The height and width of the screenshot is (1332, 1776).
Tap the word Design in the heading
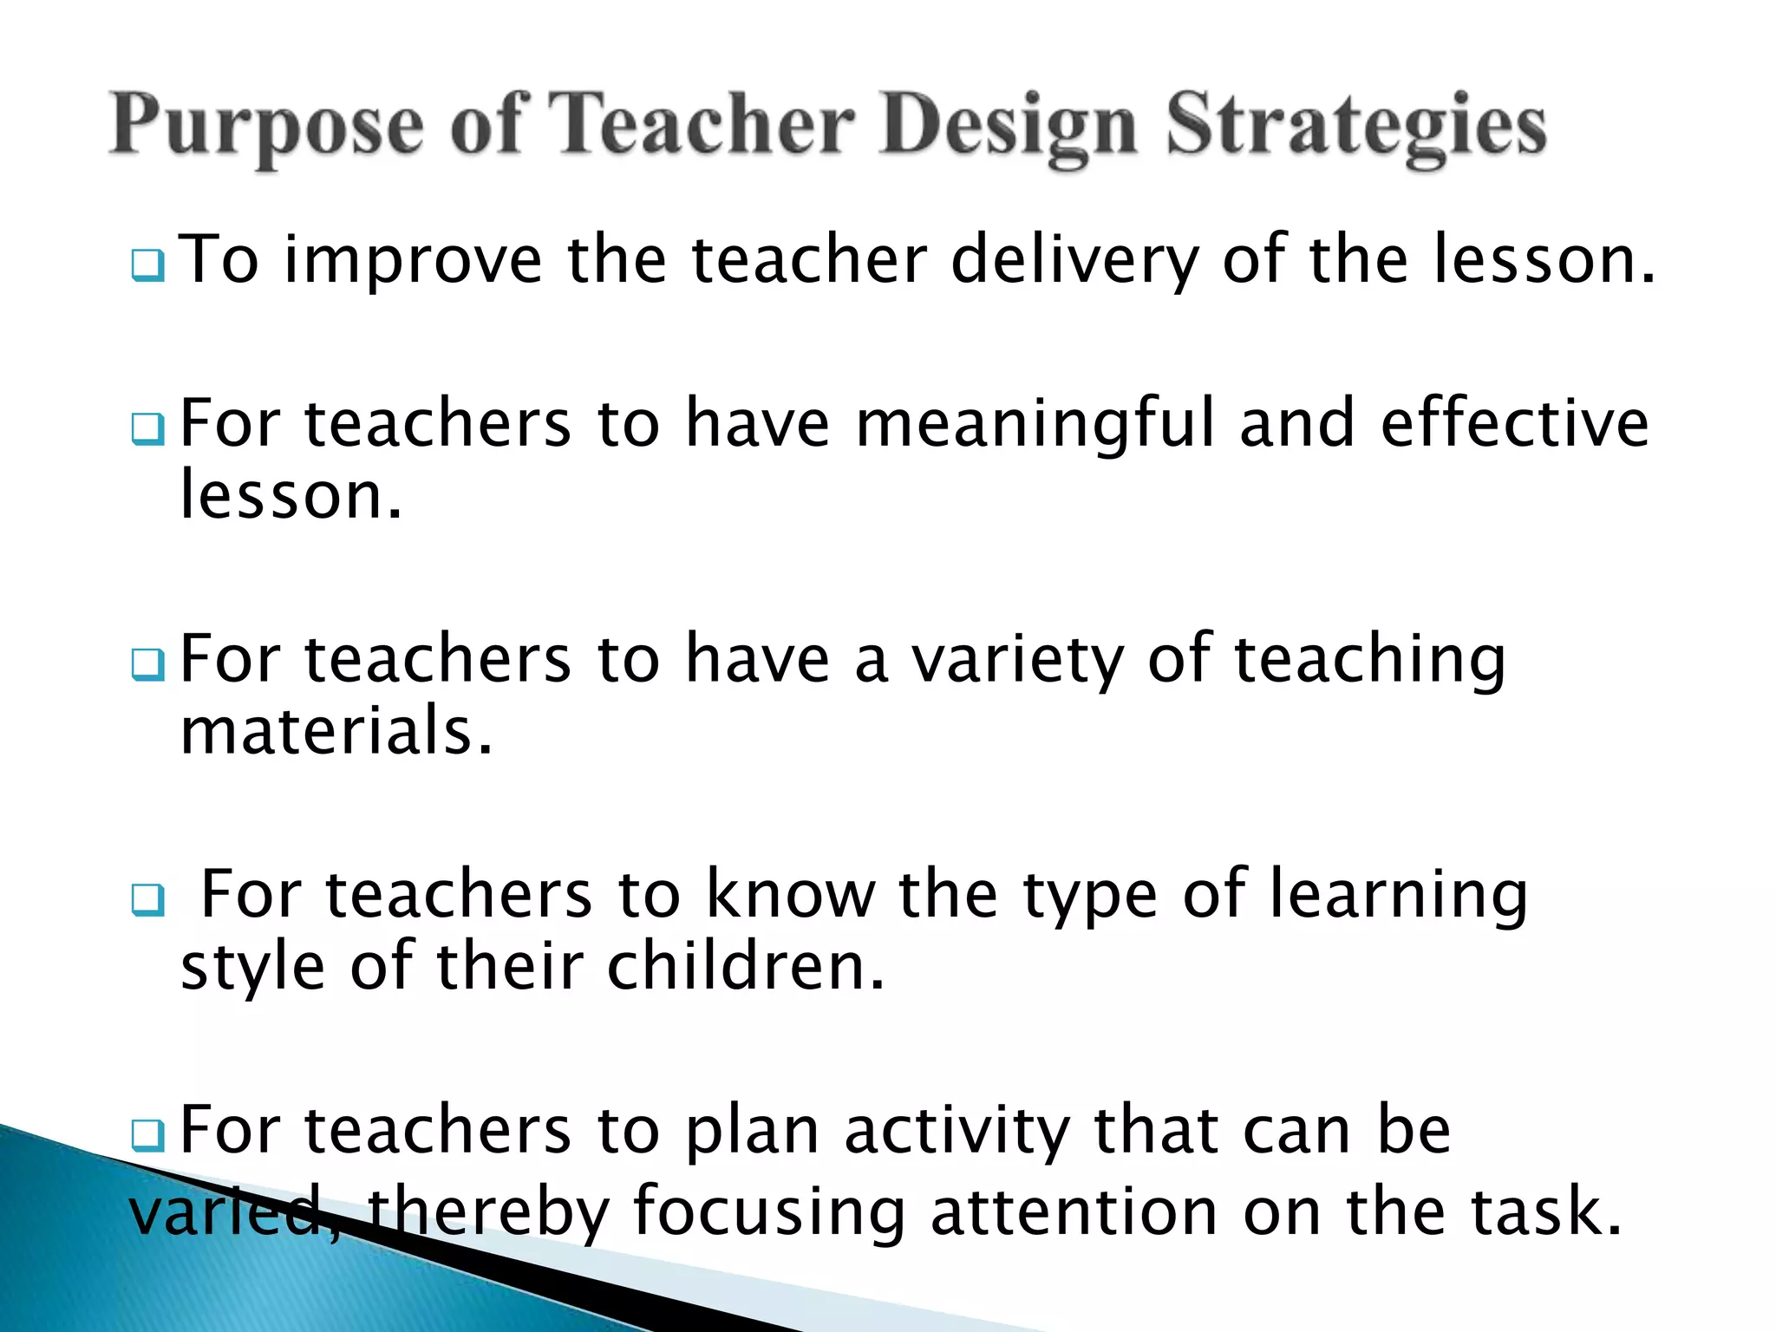1007,128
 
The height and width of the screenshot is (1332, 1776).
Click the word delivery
1074,260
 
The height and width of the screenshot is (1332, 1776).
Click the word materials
336,731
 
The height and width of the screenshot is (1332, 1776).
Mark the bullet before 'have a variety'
147,665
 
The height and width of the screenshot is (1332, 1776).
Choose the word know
790,895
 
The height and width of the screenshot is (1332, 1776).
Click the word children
746,966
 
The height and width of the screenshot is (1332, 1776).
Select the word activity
957,1133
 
